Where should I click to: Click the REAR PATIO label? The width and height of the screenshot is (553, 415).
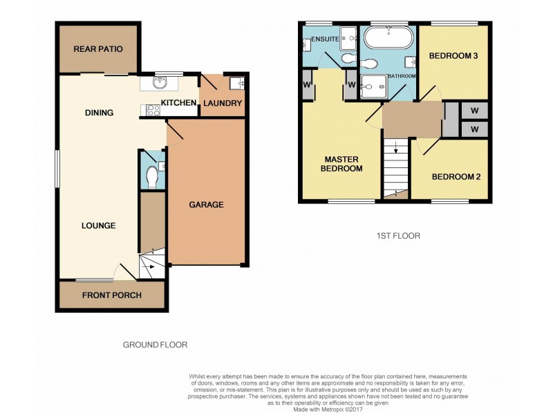tap(100, 49)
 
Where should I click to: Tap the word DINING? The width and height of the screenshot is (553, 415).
tap(99, 113)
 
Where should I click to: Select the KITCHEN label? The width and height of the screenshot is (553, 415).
tap(178, 103)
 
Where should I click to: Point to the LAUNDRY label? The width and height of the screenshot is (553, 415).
tap(223, 104)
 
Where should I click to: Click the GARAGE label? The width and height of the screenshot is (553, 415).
tap(206, 205)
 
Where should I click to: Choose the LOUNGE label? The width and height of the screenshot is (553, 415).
tap(98, 225)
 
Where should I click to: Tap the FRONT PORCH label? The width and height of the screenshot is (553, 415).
tap(111, 295)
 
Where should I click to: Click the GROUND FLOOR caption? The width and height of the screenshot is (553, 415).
tap(155, 344)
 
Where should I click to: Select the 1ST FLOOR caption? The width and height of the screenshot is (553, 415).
tap(398, 236)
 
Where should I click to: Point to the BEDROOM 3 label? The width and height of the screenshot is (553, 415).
tap(453, 56)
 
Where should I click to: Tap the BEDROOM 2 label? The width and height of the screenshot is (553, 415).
tap(456, 176)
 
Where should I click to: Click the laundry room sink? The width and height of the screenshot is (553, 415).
tap(238, 83)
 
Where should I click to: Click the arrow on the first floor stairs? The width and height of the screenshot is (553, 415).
tap(395, 147)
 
